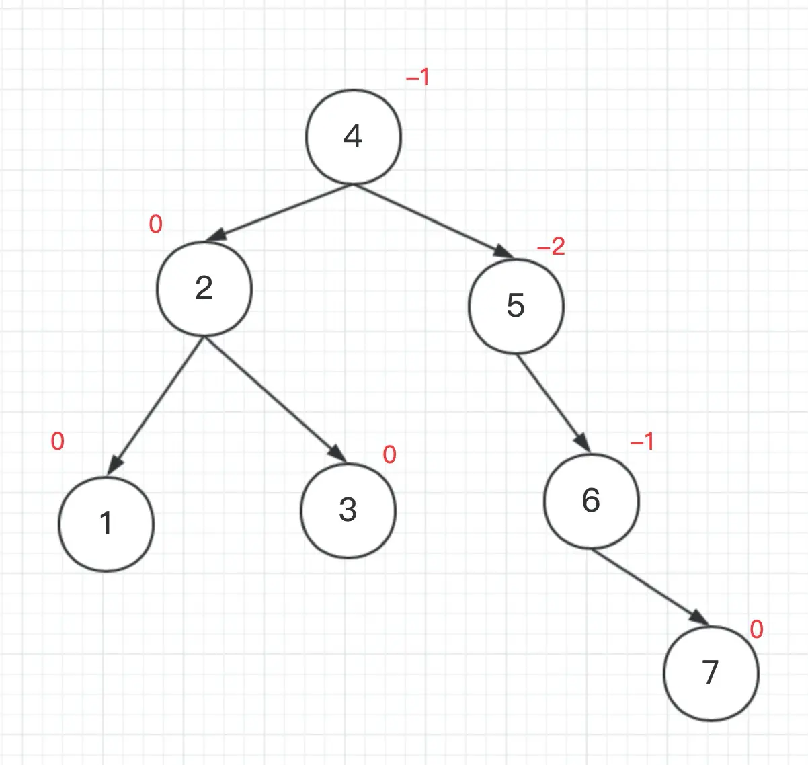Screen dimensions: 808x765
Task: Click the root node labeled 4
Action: [x=354, y=136]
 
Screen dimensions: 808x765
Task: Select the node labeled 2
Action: [x=204, y=288]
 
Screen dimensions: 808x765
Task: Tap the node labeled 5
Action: [x=516, y=306]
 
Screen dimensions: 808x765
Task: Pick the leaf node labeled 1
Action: [x=106, y=524]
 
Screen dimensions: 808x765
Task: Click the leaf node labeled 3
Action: [x=348, y=510]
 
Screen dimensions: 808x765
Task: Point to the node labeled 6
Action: [x=591, y=501]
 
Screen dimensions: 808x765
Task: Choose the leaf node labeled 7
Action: [x=711, y=673]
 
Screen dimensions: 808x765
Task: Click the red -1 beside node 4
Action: [x=417, y=78]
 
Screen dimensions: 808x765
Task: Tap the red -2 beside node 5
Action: [x=551, y=247]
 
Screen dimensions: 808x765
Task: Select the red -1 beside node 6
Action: [x=642, y=442]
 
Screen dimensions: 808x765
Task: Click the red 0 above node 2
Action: [x=155, y=224]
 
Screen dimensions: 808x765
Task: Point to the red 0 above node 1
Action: [x=58, y=442]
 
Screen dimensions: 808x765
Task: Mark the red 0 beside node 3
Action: [x=389, y=455]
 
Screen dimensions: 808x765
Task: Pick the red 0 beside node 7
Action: [x=756, y=630]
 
